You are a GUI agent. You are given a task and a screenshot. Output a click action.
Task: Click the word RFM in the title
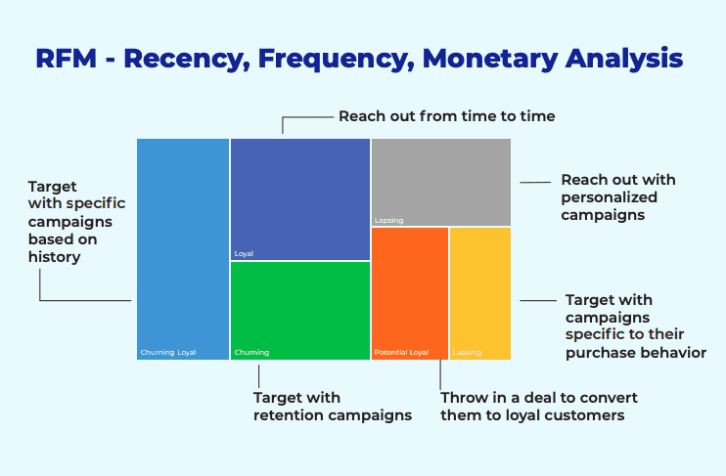click(66, 58)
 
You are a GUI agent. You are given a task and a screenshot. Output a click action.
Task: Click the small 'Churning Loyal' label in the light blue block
click(168, 352)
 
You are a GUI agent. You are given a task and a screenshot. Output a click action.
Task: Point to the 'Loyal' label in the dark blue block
click(244, 253)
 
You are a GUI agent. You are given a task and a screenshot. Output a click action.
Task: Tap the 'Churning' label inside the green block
click(251, 352)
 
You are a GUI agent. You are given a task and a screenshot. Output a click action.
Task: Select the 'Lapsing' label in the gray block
click(388, 220)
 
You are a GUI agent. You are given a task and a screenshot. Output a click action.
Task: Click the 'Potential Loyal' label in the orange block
click(401, 352)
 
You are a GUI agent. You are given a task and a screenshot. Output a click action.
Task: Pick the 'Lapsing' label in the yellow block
click(467, 352)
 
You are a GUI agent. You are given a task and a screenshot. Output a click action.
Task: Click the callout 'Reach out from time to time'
click(446, 116)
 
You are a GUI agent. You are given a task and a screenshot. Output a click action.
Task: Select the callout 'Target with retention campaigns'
click(332, 407)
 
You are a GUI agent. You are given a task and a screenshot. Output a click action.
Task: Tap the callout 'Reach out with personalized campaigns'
click(617, 197)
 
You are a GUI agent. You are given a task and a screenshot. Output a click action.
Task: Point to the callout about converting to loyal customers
click(538, 407)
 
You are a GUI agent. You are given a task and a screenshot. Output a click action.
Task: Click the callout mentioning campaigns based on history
click(69, 222)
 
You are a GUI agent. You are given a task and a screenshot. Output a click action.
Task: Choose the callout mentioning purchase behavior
click(635, 326)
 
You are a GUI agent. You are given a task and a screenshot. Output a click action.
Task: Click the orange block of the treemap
click(410, 288)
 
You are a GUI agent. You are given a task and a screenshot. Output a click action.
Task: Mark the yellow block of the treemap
click(479, 288)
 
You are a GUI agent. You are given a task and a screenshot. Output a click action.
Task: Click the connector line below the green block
click(258, 376)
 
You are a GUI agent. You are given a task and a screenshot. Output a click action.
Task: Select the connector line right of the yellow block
click(536, 301)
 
